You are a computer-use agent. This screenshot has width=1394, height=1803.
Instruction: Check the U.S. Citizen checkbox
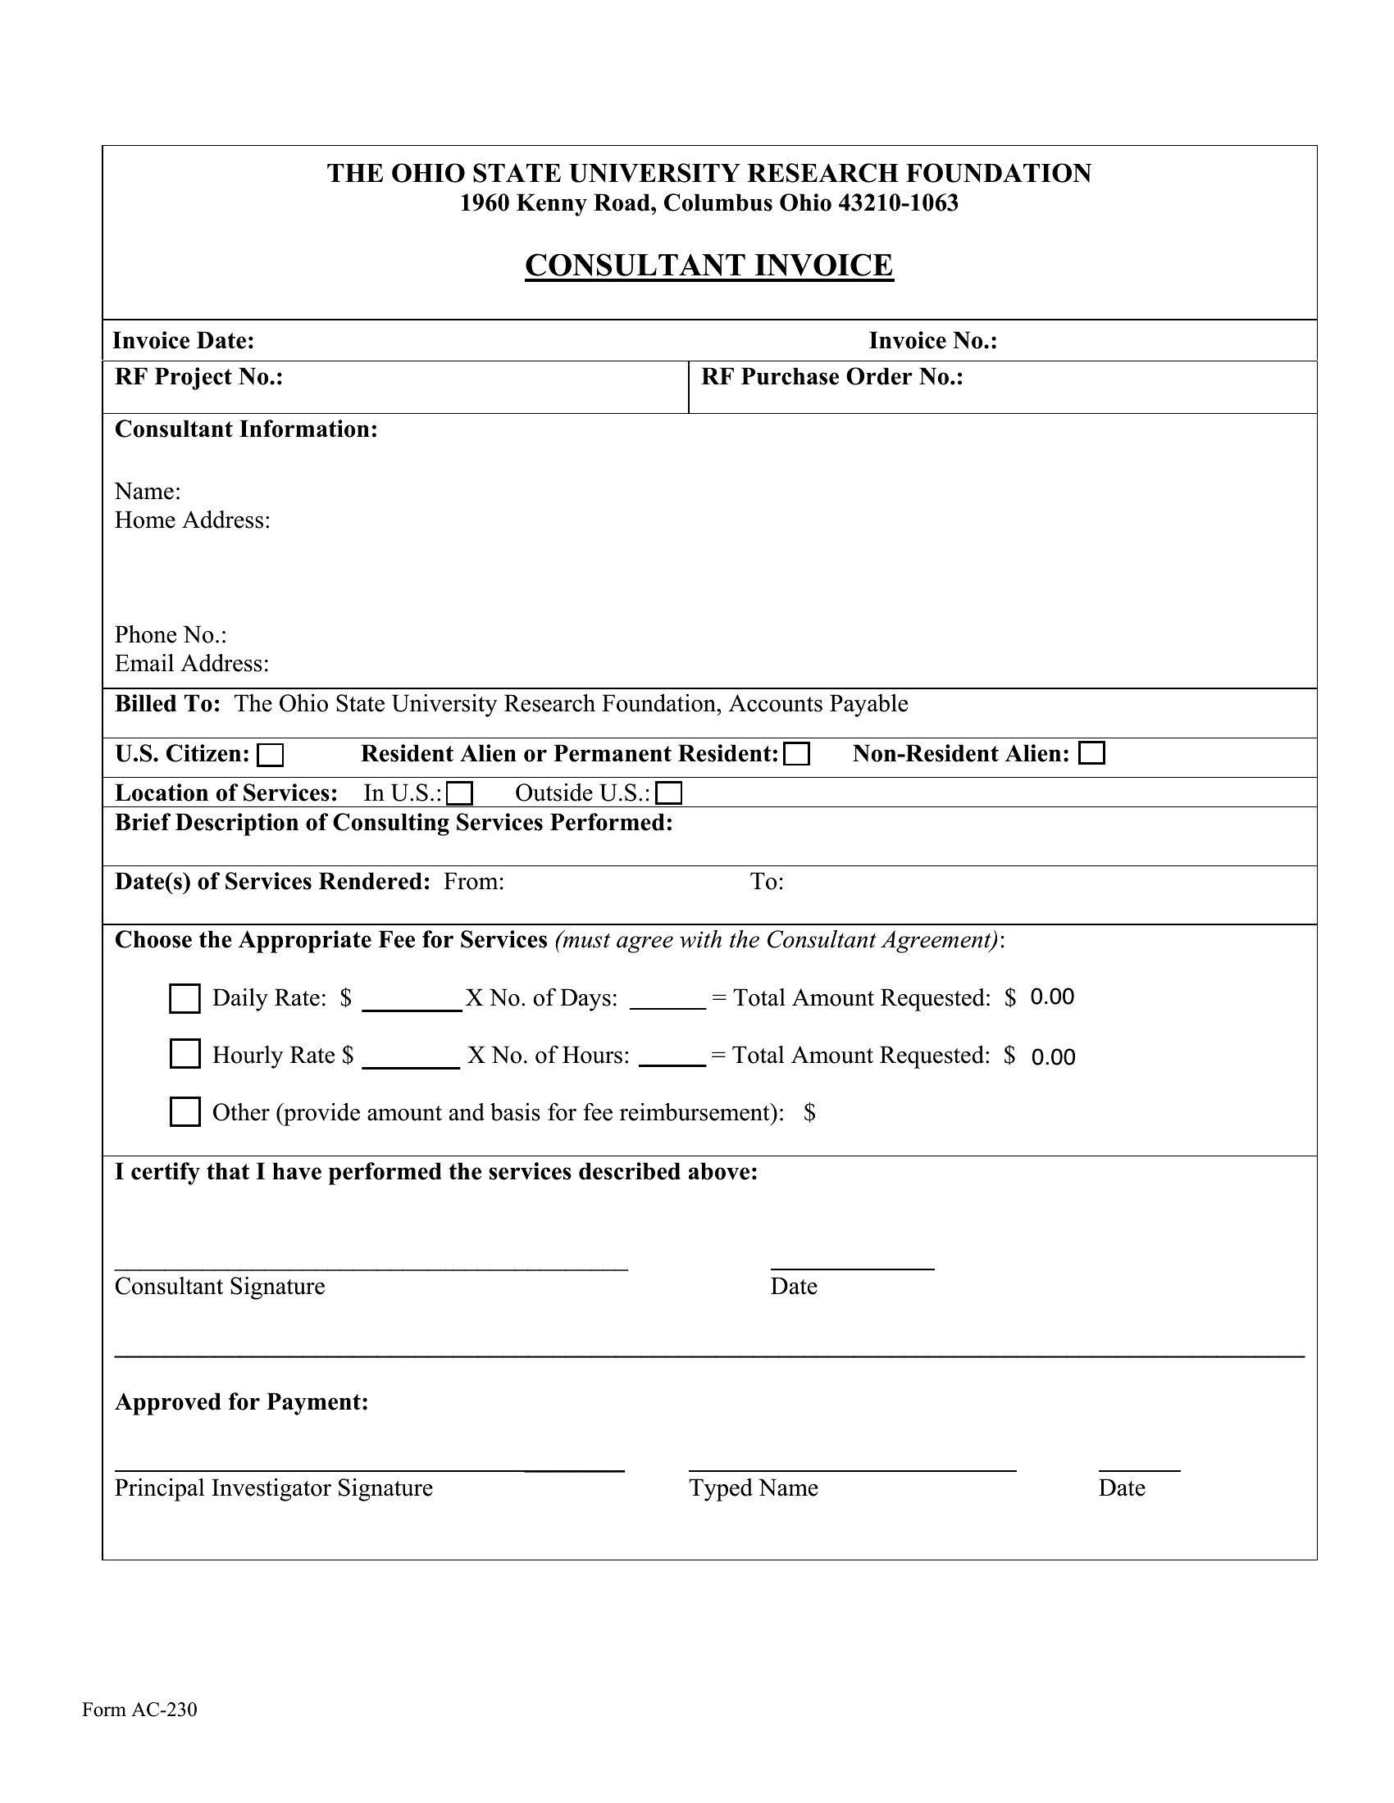click(270, 755)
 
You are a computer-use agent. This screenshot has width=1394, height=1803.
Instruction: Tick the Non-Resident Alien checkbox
click(1091, 753)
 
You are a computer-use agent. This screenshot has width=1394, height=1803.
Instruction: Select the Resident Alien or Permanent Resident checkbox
click(797, 755)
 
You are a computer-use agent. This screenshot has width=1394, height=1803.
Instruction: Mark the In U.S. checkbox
click(459, 793)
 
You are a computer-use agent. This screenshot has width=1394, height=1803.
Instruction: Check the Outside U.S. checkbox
click(669, 793)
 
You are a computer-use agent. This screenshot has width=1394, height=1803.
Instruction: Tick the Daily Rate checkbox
click(185, 998)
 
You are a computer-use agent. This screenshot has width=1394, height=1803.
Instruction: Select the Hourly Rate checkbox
click(185, 1054)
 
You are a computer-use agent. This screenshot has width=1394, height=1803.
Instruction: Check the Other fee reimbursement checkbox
click(185, 1112)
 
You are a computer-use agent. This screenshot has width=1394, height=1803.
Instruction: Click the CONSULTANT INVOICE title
click(708, 266)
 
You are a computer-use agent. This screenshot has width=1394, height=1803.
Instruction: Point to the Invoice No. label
click(932, 341)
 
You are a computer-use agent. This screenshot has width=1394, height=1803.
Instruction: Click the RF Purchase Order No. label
click(831, 377)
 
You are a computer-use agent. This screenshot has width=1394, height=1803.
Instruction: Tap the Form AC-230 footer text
click(139, 1709)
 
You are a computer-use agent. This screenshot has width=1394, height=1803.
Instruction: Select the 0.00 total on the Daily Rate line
click(1052, 997)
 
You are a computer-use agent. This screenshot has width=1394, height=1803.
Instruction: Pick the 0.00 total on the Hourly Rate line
click(1053, 1057)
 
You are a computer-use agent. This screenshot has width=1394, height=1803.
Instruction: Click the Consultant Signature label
click(220, 1286)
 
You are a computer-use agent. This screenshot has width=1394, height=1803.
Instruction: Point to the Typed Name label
click(753, 1487)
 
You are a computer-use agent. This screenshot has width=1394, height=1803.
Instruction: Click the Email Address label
click(192, 664)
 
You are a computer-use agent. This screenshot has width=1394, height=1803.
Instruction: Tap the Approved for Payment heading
click(241, 1401)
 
